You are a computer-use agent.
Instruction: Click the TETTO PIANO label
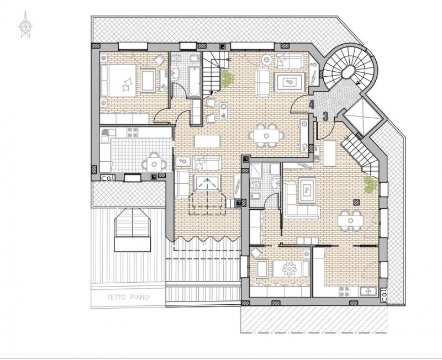(x=128, y=297)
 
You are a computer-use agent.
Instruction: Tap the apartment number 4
(x=312, y=104)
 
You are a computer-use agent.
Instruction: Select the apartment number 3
(x=325, y=117)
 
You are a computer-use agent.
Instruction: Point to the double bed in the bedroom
(x=118, y=81)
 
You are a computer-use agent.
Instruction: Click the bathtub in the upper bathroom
(x=194, y=81)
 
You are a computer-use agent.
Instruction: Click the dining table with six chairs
(x=266, y=136)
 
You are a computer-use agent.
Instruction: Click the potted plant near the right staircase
(x=370, y=184)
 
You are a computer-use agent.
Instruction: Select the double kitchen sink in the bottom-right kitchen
(x=367, y=292)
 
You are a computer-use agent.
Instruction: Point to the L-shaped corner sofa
(x=301, y=200)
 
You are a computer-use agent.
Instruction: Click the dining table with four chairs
(x=351, y=220)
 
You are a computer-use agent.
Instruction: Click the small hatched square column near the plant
(x=357, y=202)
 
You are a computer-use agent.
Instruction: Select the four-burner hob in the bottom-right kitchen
(x=344, y=292)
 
